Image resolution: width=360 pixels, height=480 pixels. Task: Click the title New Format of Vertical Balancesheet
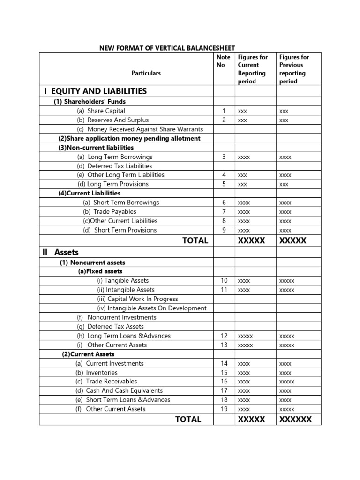(166, 48)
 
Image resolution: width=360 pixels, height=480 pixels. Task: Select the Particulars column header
(146, 73)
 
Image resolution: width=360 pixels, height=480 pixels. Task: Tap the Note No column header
(224, 61)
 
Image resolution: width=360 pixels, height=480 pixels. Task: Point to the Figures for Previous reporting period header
(294, 69)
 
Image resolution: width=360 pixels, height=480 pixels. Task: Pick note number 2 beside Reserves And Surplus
(224, 120)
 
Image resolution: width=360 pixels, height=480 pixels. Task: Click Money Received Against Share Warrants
(140, 129)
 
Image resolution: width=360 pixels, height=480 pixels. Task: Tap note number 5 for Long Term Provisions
(224, 184)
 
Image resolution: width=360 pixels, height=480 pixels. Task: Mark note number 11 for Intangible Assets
(224, 290)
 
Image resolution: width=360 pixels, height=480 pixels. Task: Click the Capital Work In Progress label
(137, 299)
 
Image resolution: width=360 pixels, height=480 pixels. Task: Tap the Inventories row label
(100, 372)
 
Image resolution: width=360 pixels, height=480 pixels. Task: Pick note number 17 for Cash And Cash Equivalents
(224, 390)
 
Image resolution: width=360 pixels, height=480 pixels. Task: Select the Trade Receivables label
(106, 382)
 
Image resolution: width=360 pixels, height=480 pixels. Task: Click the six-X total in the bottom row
(295, 420)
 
